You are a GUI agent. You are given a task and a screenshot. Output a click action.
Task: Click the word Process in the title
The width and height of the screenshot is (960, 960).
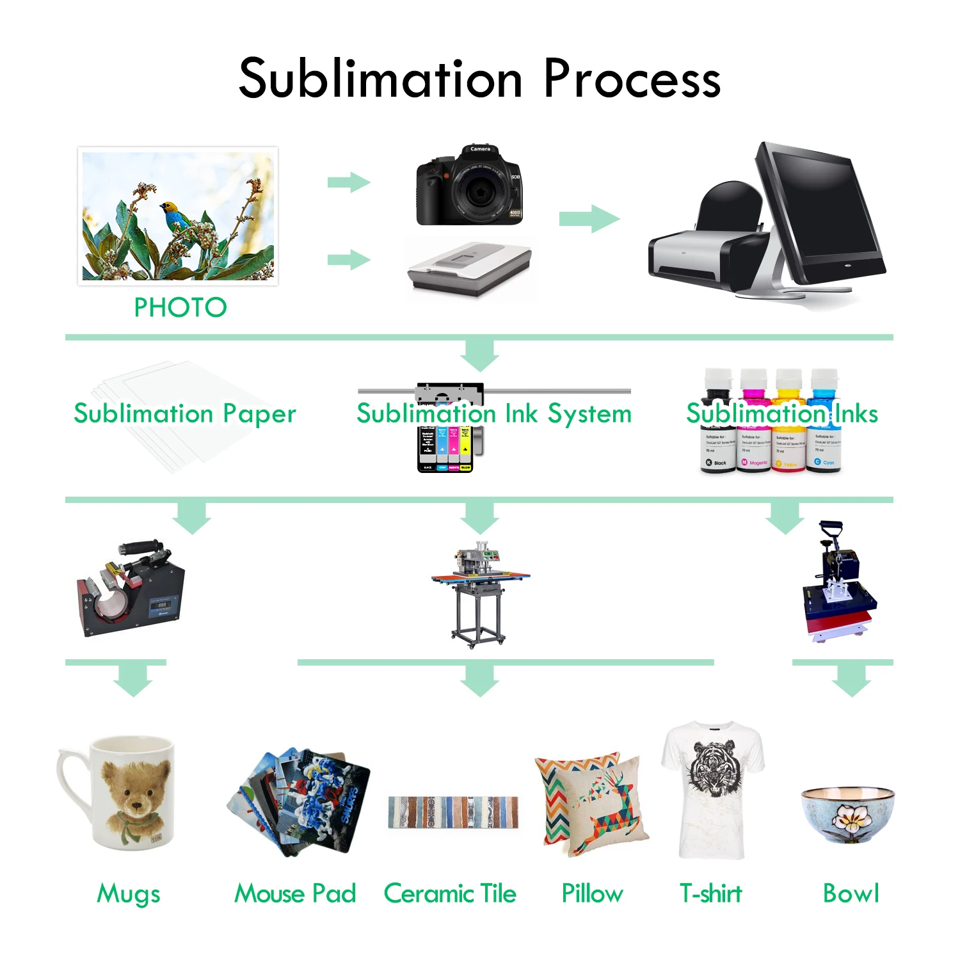tap(632, 79)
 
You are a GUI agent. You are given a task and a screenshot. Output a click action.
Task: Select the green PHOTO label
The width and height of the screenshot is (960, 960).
tap(180, 308)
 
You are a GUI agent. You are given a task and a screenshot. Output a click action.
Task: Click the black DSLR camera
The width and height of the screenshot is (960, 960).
tap(470, 185)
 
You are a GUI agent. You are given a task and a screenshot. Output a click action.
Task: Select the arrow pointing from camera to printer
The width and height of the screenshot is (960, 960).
tap(589, 219)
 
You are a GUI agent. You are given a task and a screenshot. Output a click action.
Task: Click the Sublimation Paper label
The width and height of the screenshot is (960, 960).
tap(185, 413)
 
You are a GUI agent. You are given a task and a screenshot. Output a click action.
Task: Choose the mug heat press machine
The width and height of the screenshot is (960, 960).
tap(131, 589)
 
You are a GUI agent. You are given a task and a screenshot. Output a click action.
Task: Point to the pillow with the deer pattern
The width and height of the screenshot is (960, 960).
tap(592, 803)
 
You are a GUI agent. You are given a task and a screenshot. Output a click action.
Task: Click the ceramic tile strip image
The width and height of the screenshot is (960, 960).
tap(453, 813)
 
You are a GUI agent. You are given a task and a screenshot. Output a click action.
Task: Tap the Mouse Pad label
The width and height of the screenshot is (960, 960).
tap(295, 893)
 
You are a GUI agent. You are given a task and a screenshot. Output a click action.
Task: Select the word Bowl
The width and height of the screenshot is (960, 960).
tap(851, 893)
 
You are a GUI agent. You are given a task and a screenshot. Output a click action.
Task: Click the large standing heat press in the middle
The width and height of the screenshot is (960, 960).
tap(479, 592)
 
